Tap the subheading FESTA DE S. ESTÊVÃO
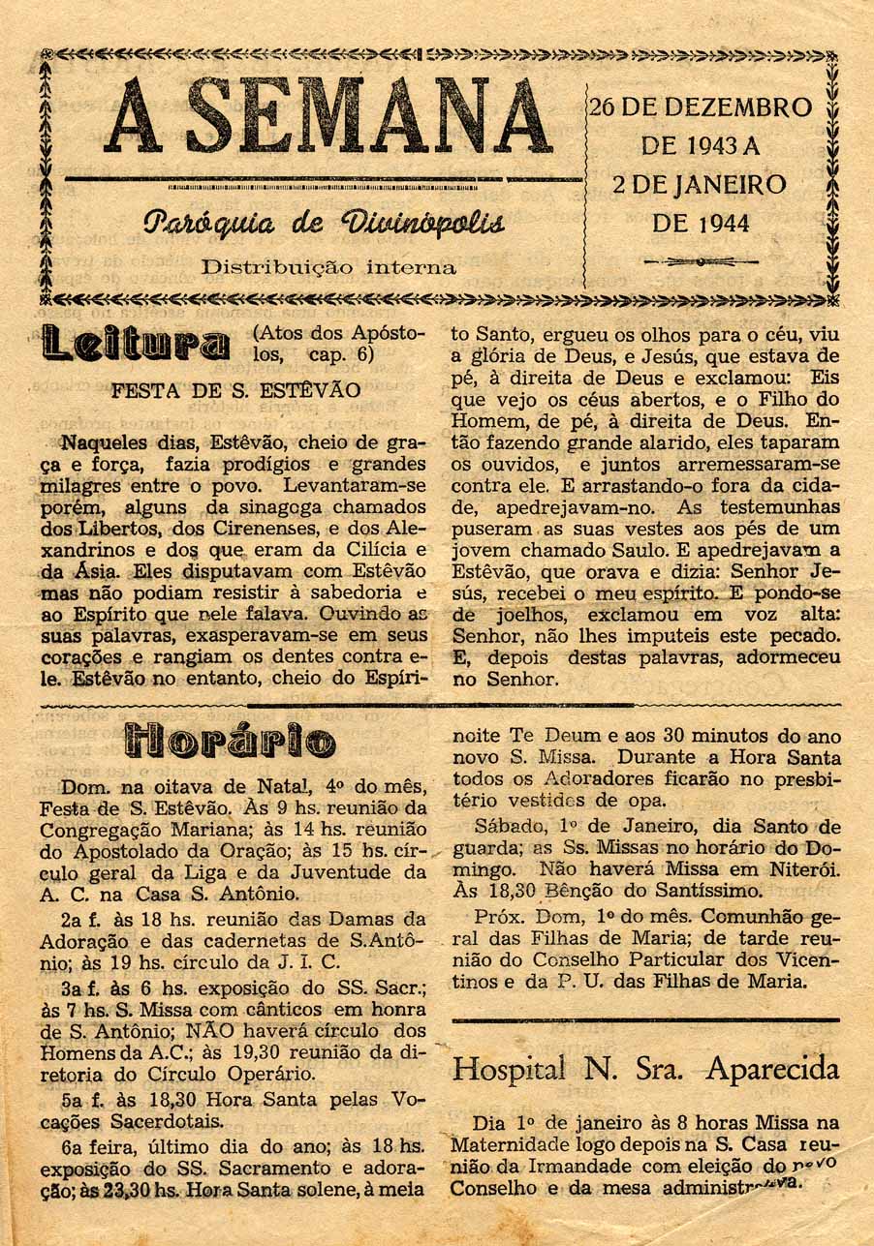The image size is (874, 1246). [236, 392]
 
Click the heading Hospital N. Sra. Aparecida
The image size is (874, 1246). [646, 1069]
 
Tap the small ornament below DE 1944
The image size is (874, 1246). [701, 261]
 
